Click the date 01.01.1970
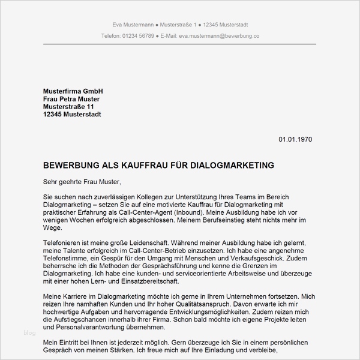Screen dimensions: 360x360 (x=295, y=139)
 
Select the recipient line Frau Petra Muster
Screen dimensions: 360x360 (x=71, y=98)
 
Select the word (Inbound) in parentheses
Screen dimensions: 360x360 (x=184, y=213)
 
